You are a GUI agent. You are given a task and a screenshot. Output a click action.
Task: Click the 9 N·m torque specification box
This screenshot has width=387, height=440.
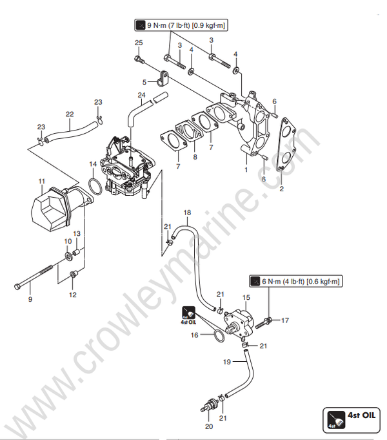click(x=183, y=26)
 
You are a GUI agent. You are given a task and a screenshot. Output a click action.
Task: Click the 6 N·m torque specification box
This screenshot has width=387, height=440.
click(x=296, y=281)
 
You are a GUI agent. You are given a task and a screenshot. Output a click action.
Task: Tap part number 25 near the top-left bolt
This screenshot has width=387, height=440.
click(x=137, y=43)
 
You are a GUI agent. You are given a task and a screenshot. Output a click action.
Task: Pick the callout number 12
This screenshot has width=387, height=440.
click(x=72, y=295)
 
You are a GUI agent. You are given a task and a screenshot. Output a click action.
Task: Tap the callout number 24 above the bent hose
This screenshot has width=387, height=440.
click(x=141, y=96)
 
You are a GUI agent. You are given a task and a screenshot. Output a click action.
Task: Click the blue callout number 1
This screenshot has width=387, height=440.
click(x=245, y=169)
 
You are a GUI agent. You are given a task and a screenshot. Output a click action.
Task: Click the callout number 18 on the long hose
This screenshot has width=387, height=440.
click(x=187, y=212)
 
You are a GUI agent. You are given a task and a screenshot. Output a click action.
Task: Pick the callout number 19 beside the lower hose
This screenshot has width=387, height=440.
click(x=227, y=362)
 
